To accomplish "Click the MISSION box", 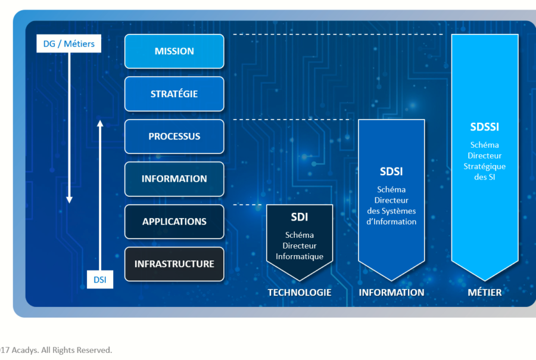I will (x=174, y=51).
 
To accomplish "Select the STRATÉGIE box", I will (x=174, y=94).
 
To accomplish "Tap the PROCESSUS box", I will (x=174, y=136).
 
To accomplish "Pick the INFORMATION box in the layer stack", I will (x=174, y=179).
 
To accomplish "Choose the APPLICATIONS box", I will (x=174, y=222).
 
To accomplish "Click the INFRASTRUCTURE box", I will (x=174, y=264).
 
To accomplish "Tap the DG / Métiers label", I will (x=69, y=44).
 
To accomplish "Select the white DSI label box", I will (x=100, y=280).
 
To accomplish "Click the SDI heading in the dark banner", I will (x=299, y=216).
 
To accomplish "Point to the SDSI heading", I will (x=391, y=172).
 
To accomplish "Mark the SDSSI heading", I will (x=484, y=127).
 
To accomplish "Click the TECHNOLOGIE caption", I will (x=299, y=293).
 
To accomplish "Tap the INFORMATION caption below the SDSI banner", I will (x=391, y=293).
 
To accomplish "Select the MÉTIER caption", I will (x=484, y=293).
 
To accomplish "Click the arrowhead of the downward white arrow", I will (x=69, y=199).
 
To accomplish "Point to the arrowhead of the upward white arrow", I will (x=100, y=123).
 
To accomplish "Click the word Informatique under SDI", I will (x=299, y=256).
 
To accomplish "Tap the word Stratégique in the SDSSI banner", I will (x=484, y=166).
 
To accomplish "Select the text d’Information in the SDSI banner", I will (x=391, y=222).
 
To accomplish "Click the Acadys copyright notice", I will (x=56, y=350).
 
